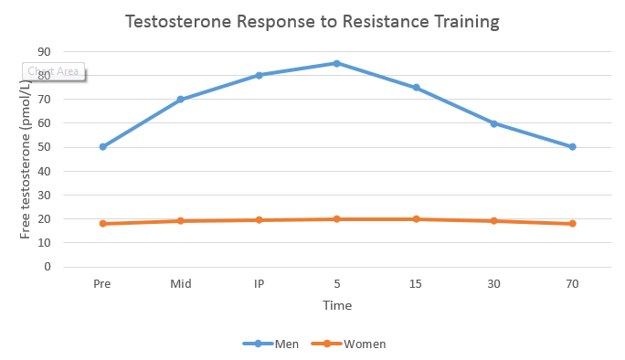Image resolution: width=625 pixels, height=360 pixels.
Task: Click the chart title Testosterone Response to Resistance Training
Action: pos(313,21)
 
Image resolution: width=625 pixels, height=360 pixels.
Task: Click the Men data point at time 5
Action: pos(337,63)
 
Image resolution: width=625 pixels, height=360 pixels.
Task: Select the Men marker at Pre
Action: pos(102,147)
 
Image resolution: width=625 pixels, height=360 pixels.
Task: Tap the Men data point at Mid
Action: pos(181,99)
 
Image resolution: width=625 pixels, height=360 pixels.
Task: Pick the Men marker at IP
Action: pos(259,75)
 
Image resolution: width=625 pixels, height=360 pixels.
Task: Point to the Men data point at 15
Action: pos(416,88)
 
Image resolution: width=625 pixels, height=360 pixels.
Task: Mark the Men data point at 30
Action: pos(493,123)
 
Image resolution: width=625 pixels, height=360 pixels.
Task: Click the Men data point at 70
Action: pos(572,147)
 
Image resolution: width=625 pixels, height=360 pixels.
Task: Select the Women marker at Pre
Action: pos(102,224)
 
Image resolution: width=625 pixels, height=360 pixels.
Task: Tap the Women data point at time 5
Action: pos(337,219)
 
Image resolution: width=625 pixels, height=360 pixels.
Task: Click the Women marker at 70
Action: pos(572,224)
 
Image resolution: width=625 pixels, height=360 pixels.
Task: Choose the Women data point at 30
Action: pos(493,221)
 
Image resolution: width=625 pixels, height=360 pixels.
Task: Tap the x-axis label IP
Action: pos(259,284)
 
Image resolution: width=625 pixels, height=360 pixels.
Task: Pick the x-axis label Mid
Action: pos(181,284)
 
